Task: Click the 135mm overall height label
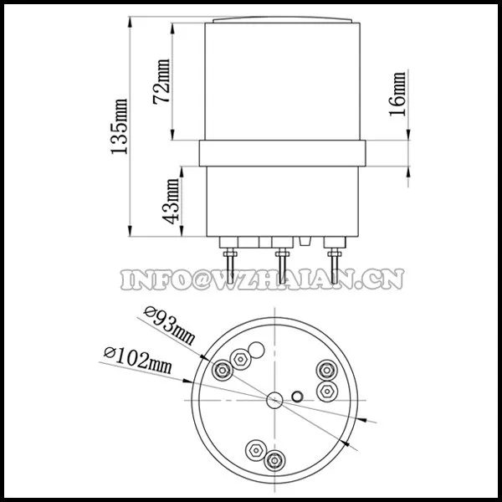(119, 127)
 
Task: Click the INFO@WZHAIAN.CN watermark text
(262, 279)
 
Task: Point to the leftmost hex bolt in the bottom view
(223, 370)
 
